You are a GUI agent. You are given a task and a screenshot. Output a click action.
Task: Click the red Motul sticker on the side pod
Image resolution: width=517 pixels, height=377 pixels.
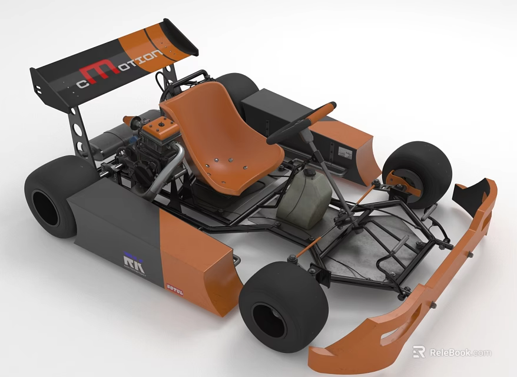[x=174, y=290]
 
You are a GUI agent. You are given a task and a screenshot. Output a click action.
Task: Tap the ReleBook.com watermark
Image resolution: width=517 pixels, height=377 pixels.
[x=452, y=352]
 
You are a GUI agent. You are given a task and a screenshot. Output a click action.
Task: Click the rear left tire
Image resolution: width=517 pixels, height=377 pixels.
[x=53, y=197]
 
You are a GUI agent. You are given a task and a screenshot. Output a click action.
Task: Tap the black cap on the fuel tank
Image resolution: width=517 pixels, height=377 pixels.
[x=307, y=173]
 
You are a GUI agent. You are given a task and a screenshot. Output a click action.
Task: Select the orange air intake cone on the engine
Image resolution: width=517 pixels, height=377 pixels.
[x=130, y=121]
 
